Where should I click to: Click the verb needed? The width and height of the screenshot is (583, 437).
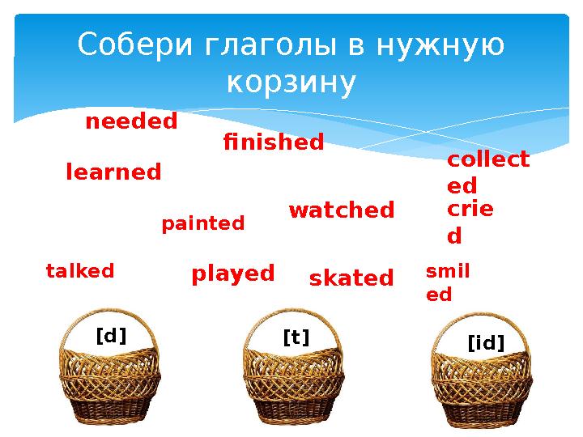[x=131, y=122]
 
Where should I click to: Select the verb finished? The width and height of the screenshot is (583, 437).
[x=273, y=143]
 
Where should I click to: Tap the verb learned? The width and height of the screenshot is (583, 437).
[x=113, y=172]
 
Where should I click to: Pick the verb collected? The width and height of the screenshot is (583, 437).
[x=487, y=172]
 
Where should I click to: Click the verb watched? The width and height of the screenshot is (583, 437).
[x=341, y=210]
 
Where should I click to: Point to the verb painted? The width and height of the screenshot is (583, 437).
[x=203, y=223]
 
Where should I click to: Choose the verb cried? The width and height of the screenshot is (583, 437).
[x=470, y=223]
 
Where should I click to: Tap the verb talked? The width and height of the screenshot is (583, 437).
[x=80, y=271]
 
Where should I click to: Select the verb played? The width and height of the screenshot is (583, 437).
[x=233, y=274]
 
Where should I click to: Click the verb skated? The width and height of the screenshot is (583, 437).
[x=351, y=279]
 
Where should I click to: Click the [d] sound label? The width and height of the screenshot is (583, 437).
[x=112, y=335]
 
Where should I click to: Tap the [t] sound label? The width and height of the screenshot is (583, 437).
[x=296, y=335]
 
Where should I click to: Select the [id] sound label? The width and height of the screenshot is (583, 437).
[x=486, y=345]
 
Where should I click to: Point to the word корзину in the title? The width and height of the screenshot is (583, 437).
[x=291, y=82]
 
